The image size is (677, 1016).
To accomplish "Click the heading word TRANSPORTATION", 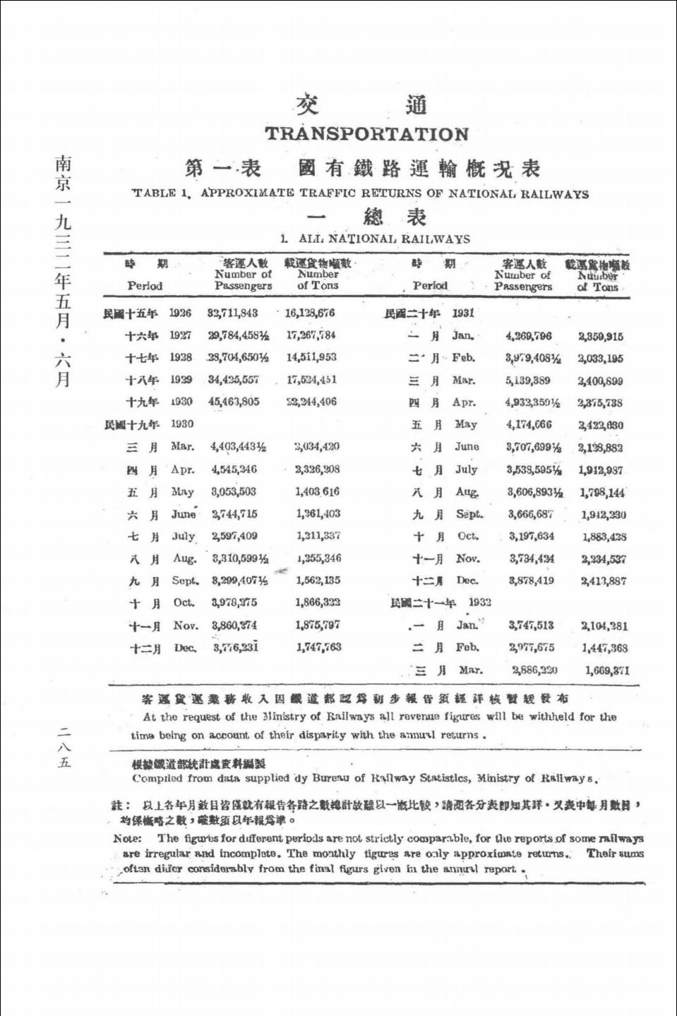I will pyautogui.click(x=366, y=133).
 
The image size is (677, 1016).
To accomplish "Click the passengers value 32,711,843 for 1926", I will pyautogui.click(x=232, y=313).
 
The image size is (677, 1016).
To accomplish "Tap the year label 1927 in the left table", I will pyautogui.click(x=180, y=335).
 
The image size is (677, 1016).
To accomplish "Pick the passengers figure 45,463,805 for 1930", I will pyautogui.click(x=233, y=402).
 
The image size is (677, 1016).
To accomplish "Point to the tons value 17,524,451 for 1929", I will pyautogui.click(x=311, y=379).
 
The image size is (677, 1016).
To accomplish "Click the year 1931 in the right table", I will pyautogui.click(x=463, y=313).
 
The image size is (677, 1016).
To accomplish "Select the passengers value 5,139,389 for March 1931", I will pyautogui.click(x=528, y=381).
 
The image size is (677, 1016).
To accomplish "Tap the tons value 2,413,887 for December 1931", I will pyautogui.click(x=603, y=581).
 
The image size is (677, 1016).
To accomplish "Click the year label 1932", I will pyautogui.click(x=479, y=602).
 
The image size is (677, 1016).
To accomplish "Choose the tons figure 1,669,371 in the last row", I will pyautogui.click(x=606, y=671).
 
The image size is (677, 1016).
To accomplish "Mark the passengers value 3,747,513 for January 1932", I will pyautogui.click(x=531, y=626).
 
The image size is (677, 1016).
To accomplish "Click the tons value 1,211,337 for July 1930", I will pyautogui.click(x=318, y=536).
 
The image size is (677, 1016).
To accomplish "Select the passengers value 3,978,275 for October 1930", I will pyautogui.click(x=234, y=602).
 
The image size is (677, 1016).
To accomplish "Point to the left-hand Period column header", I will pyautogui.click(x=145, y=286).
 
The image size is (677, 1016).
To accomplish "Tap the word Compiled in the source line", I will pyautogui.click(x=157, y=779).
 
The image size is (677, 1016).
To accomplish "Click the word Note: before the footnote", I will pyautogui.click(x=127, y=839).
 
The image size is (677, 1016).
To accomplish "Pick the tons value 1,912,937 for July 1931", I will pyautogui.click(x=601, y=470).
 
